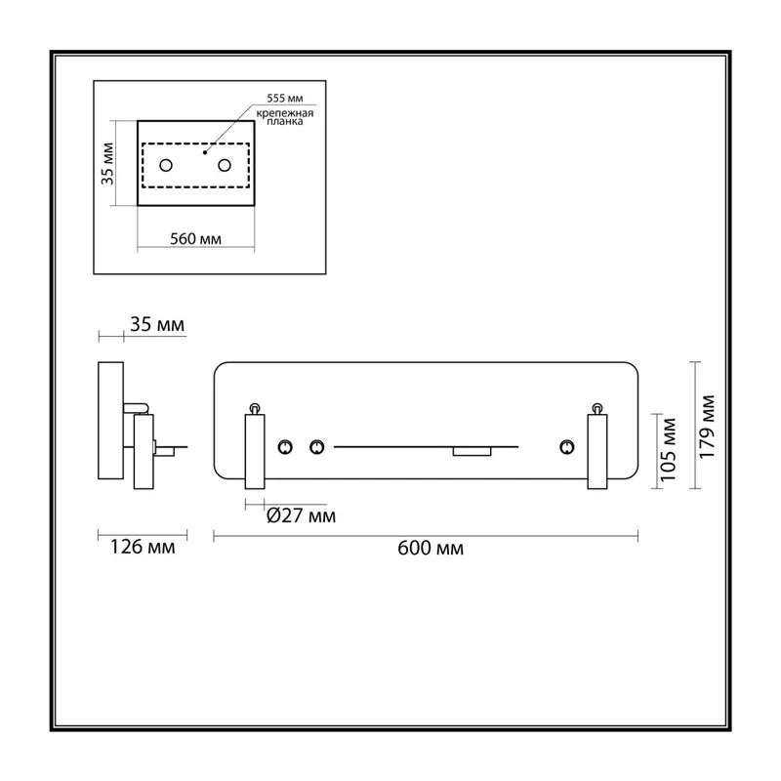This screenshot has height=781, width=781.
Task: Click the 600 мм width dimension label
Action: [431, 548]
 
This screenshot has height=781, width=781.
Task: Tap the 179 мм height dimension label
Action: [707, 427]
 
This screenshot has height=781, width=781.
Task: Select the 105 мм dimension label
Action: [668, 450]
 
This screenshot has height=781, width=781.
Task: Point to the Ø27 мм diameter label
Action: [301, 515]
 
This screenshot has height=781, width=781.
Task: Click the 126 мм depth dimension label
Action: [143, 547]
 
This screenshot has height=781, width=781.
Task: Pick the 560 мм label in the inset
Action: [196, 239]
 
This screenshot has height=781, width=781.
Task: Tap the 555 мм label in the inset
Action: [285, 99]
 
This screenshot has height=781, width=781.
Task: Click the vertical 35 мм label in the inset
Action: [107, 163]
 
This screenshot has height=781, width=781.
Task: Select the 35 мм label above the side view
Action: [157, 324]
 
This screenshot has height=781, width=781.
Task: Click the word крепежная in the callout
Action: [285, 113]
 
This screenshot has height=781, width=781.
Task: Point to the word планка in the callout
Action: [285, 121]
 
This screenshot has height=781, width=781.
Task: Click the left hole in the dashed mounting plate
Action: [166, 165]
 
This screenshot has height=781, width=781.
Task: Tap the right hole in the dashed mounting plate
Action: [225, 165]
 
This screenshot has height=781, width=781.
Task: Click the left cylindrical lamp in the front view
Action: [255, 451]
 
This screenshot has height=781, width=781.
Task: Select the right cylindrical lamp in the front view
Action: [597, 451]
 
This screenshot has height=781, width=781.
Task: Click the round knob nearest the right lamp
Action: [567, 447]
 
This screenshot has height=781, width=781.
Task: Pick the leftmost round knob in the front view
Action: [285, 447]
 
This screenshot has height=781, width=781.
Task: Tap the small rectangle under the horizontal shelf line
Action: [472, 451]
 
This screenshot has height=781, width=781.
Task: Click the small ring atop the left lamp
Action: [255, 408]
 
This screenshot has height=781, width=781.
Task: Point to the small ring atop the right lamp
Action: [597, 408]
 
